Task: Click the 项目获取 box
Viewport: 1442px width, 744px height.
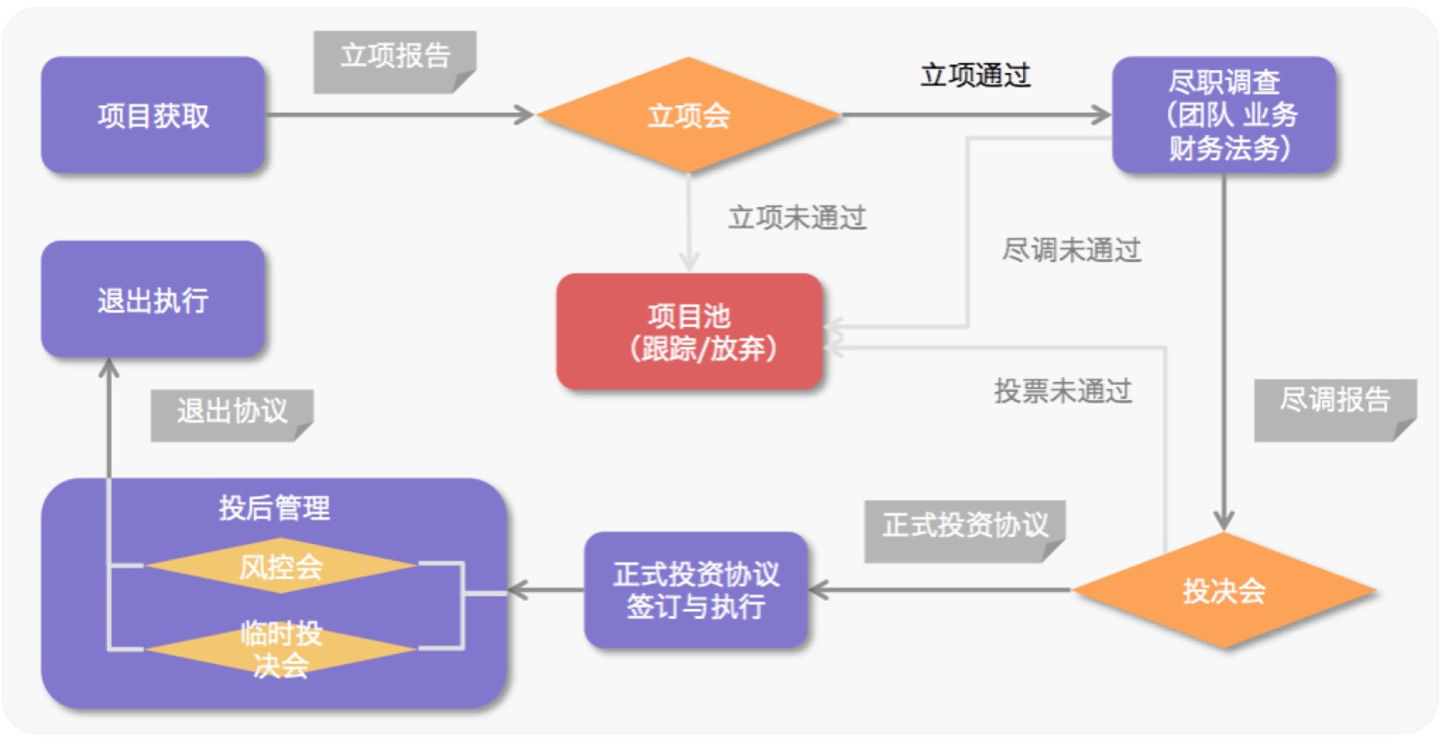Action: (x=153, y=115)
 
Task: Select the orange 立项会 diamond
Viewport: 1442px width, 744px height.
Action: (x=689, y=115)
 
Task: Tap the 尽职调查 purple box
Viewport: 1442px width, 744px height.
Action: (x=1223, y=115)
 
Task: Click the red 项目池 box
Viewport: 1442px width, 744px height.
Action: (x=689, y=331)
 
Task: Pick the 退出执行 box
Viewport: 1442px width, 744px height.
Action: (x=153, y=299)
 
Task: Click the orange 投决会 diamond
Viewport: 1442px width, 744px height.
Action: (x=1223, y=591)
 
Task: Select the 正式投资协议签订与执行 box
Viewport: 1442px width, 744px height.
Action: (x=696, y=591)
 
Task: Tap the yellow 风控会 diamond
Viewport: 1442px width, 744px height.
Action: (x=280, y=567)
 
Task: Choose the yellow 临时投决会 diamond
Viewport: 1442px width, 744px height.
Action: (x=280, y=649)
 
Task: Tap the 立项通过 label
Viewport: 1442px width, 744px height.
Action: (x=975, y=76)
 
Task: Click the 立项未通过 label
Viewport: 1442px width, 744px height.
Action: (x=797, y=217)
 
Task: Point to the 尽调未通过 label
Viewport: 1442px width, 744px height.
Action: (x=1072, y=250)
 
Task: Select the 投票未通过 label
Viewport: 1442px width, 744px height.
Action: (x=1063, y=391)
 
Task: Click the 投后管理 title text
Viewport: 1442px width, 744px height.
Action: (x=274, y=508)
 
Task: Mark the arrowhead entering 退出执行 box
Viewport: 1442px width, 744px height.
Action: (x=109, y=367)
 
